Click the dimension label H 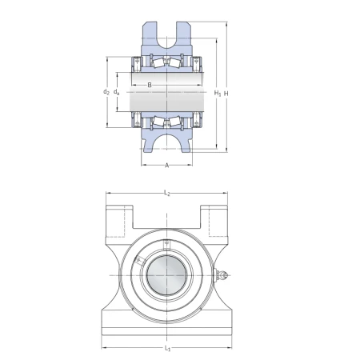(226, 93)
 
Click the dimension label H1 (218, 93)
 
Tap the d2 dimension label (106, 92)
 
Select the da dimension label (116, 92)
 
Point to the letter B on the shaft (150, 85)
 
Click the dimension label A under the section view (167, 166)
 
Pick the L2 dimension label (166, 193)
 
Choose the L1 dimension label (167, 348)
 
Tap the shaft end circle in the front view (166, 275)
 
